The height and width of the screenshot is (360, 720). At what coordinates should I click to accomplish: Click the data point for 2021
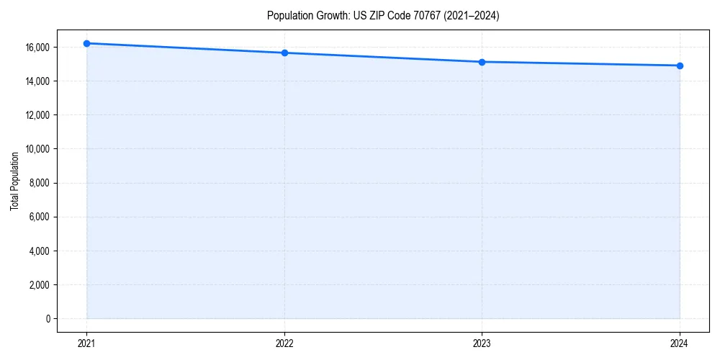click(x=86, y=43)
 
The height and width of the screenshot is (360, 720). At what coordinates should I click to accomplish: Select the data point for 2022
click(x=284, y=53)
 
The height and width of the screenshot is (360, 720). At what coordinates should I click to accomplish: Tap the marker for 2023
click(x=482, y=62)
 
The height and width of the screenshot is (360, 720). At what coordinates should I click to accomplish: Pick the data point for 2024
click(x=680, y=66)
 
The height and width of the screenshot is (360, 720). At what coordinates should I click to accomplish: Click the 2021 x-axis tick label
click(x=86, y=343)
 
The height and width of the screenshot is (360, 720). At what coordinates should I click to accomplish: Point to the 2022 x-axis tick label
click(x=284, y=343)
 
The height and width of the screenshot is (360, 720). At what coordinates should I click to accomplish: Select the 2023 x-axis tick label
click(x=482, y=343)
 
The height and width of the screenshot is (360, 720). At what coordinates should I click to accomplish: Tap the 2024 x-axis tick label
click(x=680, y=343)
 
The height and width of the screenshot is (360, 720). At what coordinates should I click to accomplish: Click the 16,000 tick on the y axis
click(x=36, y=48)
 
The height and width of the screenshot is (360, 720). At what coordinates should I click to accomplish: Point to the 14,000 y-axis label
click(x=36, y=81)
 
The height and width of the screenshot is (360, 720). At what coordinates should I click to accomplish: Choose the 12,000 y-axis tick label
click(x=36, y=115)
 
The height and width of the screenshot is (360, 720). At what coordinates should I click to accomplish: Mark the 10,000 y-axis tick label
click(x=36, y=149)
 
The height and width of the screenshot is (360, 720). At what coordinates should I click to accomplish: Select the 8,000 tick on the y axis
click(x=38, y=183)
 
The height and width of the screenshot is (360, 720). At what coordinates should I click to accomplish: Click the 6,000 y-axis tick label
click(x=38, y=217)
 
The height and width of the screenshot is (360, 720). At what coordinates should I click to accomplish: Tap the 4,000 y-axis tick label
click(x=38, y=251)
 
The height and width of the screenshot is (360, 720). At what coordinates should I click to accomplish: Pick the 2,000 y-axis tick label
click(x=38, y=284)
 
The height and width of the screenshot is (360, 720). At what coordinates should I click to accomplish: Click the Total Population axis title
click(x=14, y=181)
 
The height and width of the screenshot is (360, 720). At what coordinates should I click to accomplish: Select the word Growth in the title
click(x=330, y=16)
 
